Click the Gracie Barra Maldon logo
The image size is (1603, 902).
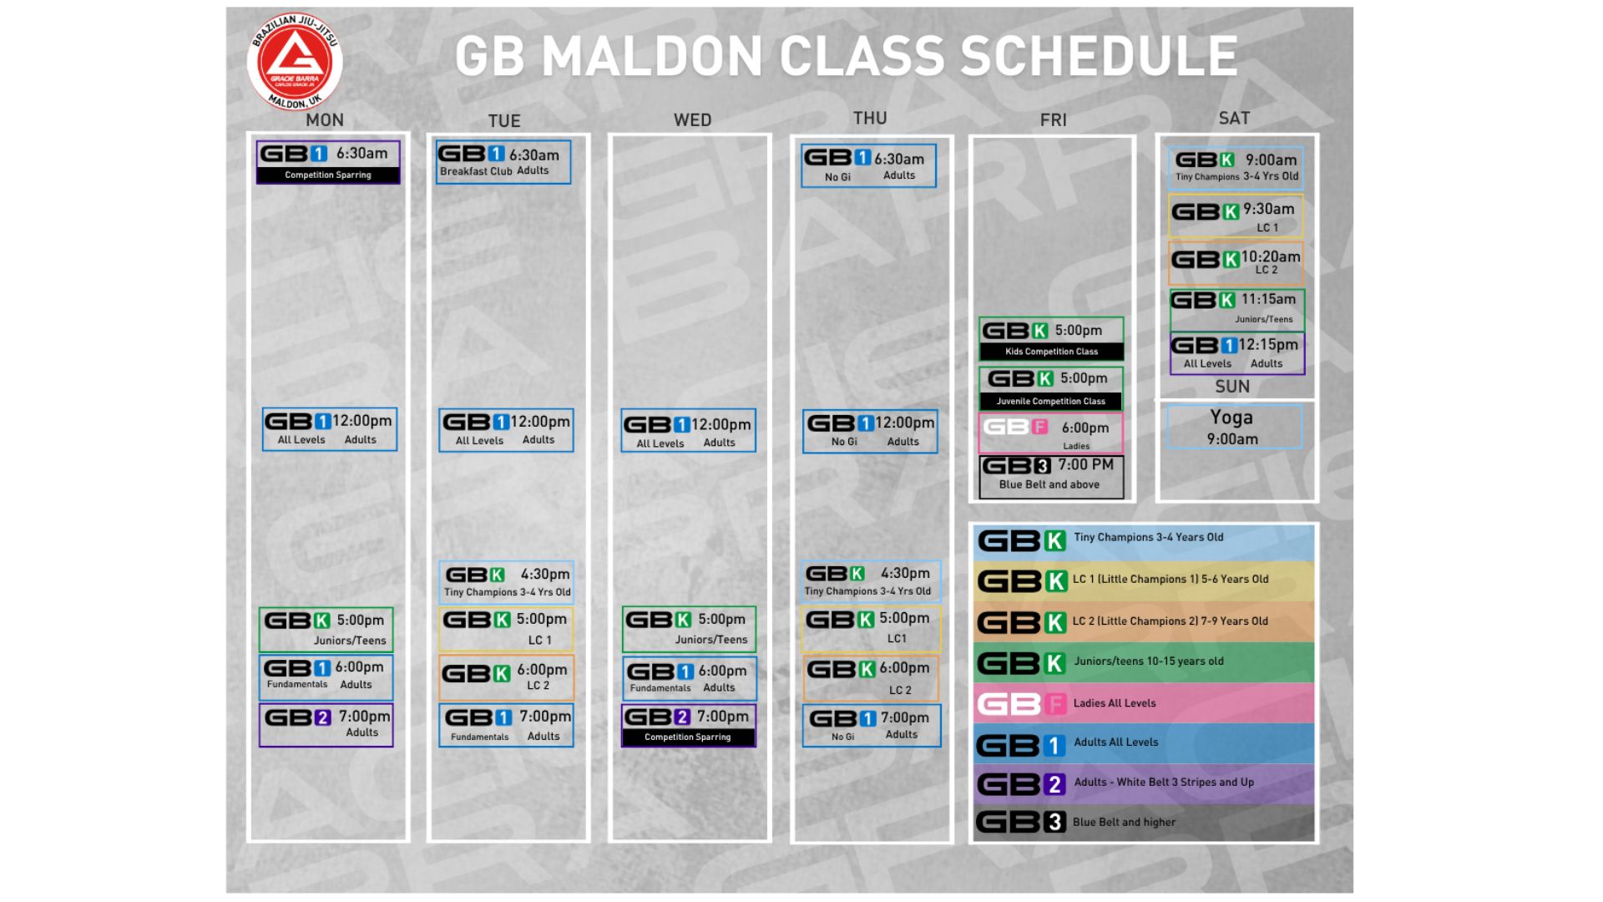coord(295,62)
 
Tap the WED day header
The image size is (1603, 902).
coord(692,120)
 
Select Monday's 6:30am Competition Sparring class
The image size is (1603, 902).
coord(328,162)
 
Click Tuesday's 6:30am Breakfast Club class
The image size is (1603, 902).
coord(503,162)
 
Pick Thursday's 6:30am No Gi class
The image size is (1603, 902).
coord(868,165)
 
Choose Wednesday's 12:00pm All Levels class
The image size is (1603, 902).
coord(689,430)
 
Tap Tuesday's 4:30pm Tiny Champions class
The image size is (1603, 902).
coord(507,582)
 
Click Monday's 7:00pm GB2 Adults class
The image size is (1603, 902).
coord(326,725)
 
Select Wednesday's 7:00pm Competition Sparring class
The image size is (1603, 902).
coord(689,726)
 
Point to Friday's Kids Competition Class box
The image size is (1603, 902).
coord(1051,339)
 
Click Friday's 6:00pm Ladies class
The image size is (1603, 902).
coord(1051,433)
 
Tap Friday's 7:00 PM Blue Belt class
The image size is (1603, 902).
coord(1051,477)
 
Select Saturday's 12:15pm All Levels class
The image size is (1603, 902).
coord(1237,353)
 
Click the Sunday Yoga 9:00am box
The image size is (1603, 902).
coord(1234,427)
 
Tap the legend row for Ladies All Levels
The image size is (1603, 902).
coord(1145,703)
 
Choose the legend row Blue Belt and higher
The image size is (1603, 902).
coord(1145,823)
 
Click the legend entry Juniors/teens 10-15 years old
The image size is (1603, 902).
coord(1145,662)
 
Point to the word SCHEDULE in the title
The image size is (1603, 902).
coord(1099,57)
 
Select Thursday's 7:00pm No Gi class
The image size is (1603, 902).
coord(872,726)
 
